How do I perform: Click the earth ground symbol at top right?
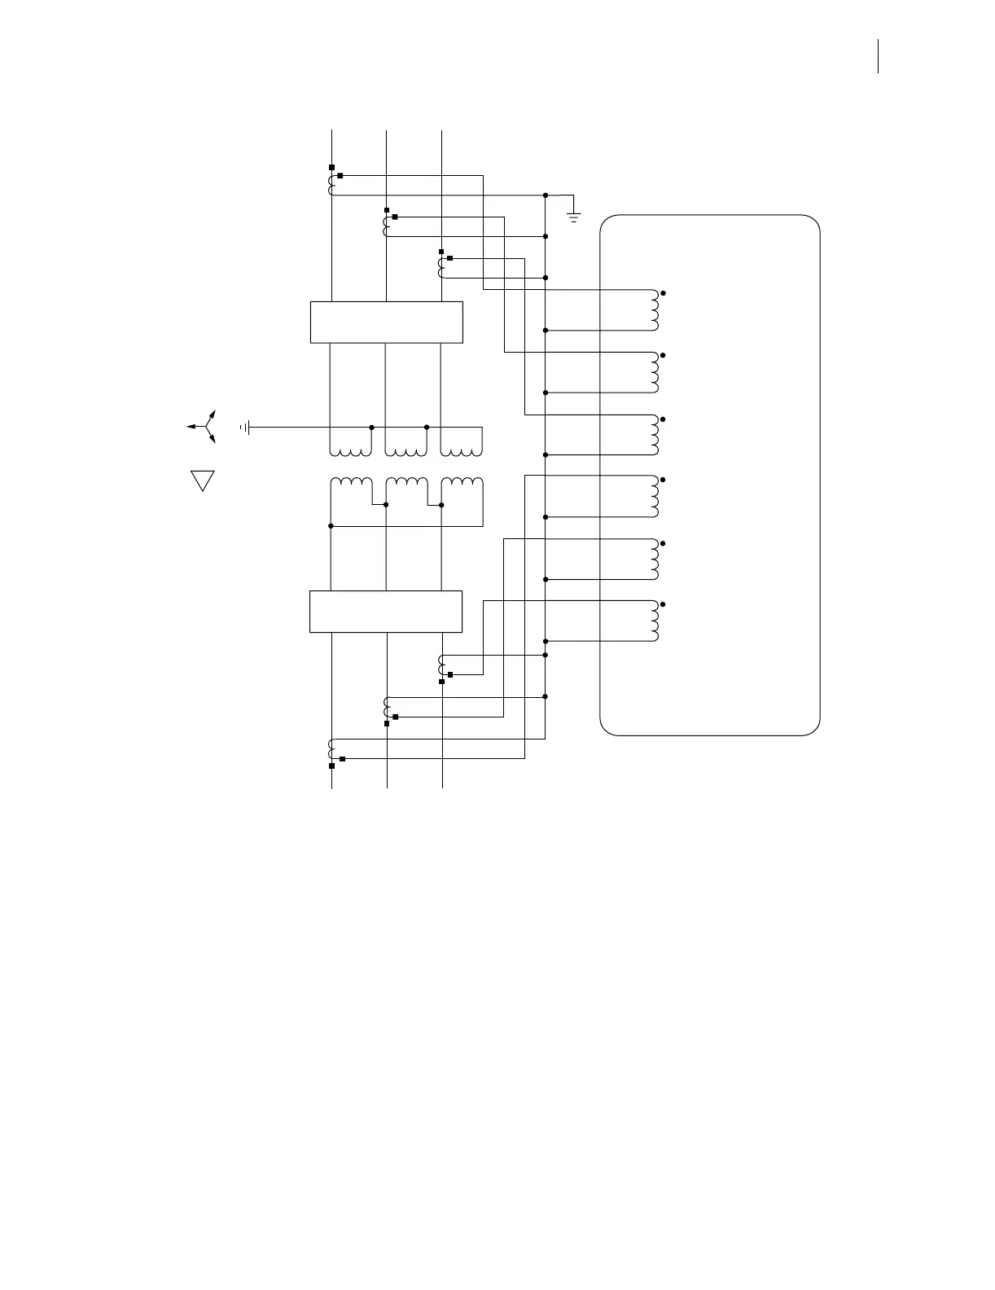point(574,217)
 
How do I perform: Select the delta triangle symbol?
point(202,480)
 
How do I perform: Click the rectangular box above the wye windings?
point(387,322)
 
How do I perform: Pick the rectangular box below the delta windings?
point(386,611)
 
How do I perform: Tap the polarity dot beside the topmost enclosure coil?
point(664,292)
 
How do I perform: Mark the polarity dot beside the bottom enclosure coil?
point(664,604)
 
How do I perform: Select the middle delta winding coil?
point(405,485)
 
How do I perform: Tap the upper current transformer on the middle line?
point(386,226)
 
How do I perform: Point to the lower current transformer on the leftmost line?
point(331,749)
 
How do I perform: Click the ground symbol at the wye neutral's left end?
point(244,427)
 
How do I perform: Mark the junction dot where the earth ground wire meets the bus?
point(545,195)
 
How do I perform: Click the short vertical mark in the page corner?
point(879,57)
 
